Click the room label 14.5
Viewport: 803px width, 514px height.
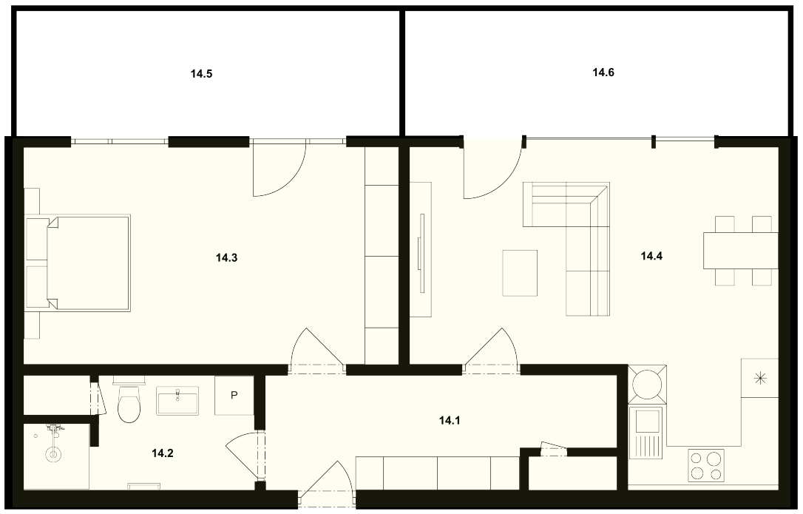point(201,74)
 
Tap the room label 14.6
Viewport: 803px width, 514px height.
point(603,72)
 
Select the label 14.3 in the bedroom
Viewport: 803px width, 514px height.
point(226,258)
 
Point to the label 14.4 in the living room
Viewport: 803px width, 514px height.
point(651,256)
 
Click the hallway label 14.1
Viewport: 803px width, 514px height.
point(450,421)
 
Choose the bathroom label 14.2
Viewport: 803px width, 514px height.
point(163,453)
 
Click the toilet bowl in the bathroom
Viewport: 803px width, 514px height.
point(128,403)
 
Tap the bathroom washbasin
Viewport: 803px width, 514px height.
point(177,400)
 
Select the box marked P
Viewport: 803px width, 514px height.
point(234,396)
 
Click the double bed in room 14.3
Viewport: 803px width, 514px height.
point(87,263)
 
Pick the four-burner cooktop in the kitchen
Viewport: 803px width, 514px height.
point(706,464)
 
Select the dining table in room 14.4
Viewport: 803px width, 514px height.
point(741,251)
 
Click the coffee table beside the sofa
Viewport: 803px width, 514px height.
point(520,273)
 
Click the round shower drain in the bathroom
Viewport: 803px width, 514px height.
point(52,453)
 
